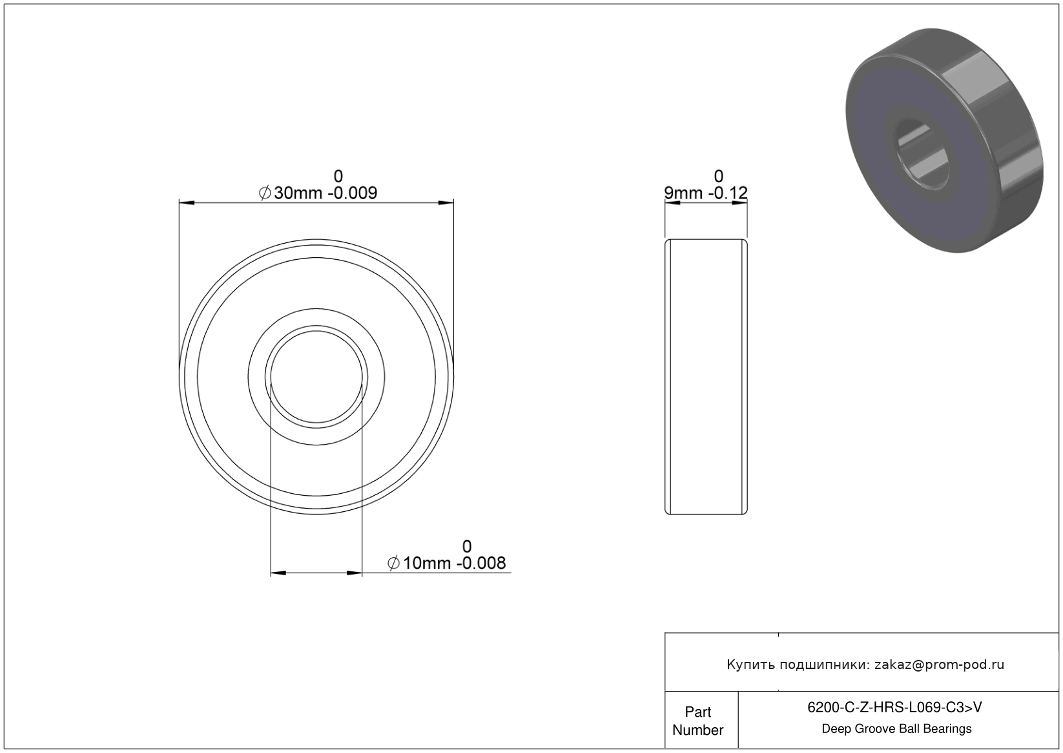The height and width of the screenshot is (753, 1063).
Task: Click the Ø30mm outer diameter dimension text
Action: click(x=318, y=193)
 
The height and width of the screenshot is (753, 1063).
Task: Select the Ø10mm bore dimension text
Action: click(x=446, y=563)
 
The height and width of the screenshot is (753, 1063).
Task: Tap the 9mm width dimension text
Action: click(x=706, y=193)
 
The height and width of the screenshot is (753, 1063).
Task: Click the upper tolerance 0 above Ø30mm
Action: click(x=338, y=176)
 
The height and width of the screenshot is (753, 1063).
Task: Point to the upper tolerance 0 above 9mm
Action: click(x=719, y=176)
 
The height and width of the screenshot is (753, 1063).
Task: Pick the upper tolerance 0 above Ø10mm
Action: click(x=467, y=546)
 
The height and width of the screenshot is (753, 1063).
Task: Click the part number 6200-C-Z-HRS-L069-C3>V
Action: click(x=894, y=707)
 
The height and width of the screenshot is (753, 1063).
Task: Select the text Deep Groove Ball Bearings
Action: click(x=896, y=729)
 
